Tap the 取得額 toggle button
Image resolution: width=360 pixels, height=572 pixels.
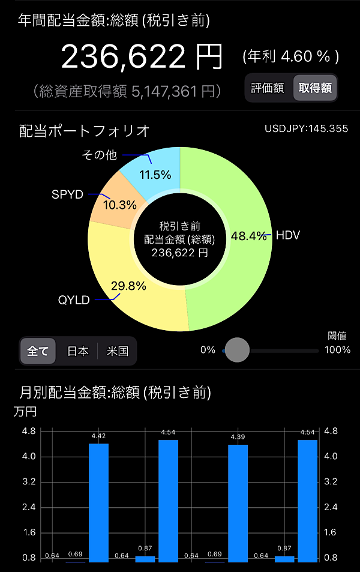click(x=315, y=88)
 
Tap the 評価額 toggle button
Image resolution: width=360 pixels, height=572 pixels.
click(x=268, y=88)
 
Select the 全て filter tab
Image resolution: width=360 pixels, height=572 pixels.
click(x=38, y=351)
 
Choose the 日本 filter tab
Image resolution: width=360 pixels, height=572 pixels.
click(x=77, y=351)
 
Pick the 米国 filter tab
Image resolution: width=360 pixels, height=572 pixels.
click(x=118, y=351)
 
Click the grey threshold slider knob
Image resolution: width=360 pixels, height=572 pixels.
click(x=237, y=350)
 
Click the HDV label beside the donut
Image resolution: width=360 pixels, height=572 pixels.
click(x=288, y=235)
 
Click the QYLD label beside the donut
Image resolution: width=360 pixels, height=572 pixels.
click(x=74, y=300)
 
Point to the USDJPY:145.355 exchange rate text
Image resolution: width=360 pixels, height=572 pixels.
click(x=307, y=128)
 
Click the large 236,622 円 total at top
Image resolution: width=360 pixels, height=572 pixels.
click(x=142, y=57)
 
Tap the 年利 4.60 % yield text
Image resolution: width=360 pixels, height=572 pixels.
click(x=291, y=56)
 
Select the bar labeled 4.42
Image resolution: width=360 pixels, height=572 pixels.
click(x=99, y=503)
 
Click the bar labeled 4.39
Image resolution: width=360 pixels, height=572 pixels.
click(x=238, y=504)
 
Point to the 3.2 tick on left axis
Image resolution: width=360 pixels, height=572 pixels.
click(x=29, y=481)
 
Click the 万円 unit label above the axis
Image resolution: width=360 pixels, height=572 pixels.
click(x=25, y=412)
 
